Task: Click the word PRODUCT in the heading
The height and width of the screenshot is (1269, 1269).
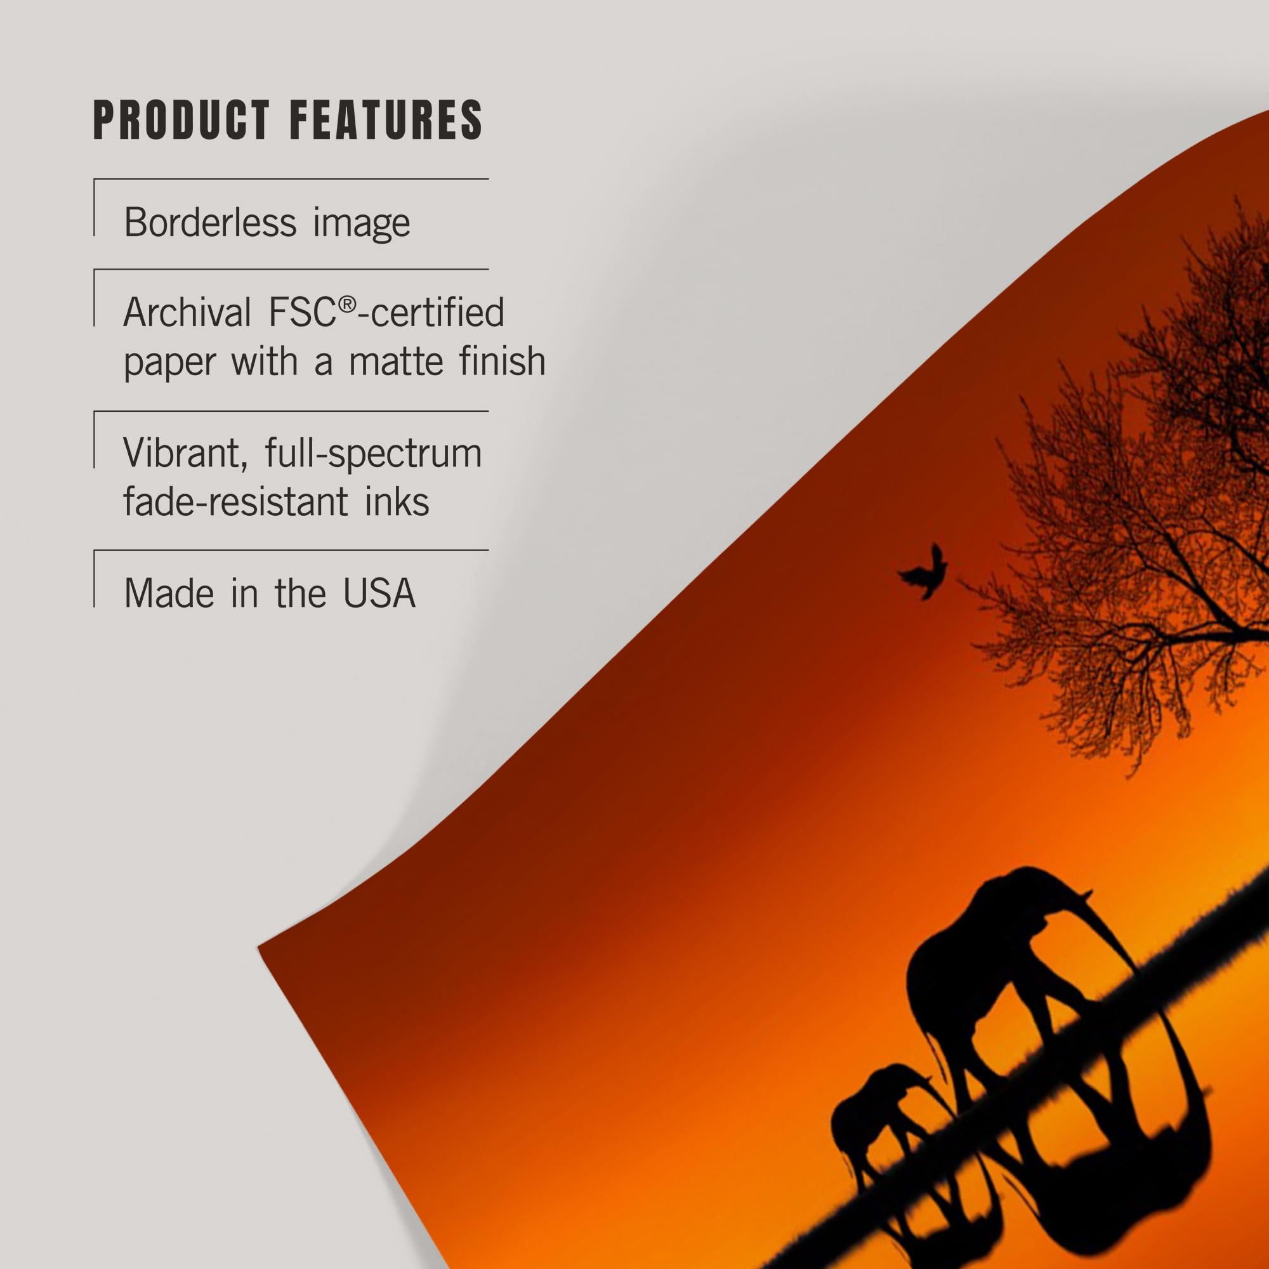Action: [181, 120]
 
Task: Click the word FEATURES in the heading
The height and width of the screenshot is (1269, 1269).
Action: [386, 120]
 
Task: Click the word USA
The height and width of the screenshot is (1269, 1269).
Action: [379, 593]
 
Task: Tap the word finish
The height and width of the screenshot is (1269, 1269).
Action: [506, 360]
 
